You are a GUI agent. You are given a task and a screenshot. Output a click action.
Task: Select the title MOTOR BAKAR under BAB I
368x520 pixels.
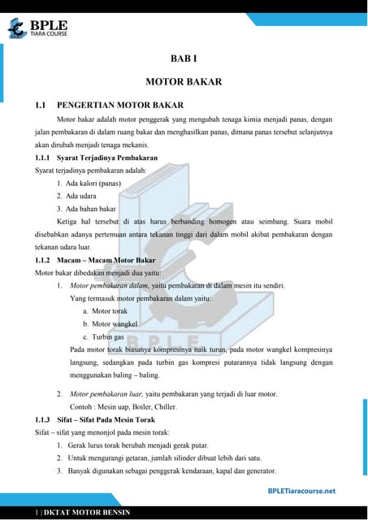tap(184, 82)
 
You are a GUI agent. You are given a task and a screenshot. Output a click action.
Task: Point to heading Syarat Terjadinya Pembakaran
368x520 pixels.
tap(107, 157)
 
